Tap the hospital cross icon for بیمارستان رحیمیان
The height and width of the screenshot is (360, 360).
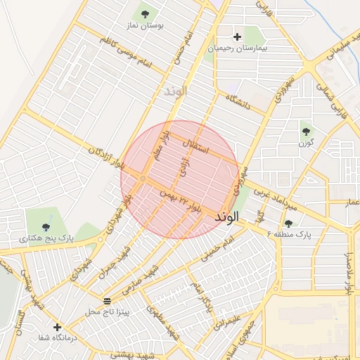tap(237, 37)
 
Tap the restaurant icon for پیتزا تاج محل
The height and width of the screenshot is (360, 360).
tap(107, 301)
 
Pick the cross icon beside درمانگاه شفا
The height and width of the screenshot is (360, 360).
tap(57, 327)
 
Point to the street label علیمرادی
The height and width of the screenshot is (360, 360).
tap(231, 323)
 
